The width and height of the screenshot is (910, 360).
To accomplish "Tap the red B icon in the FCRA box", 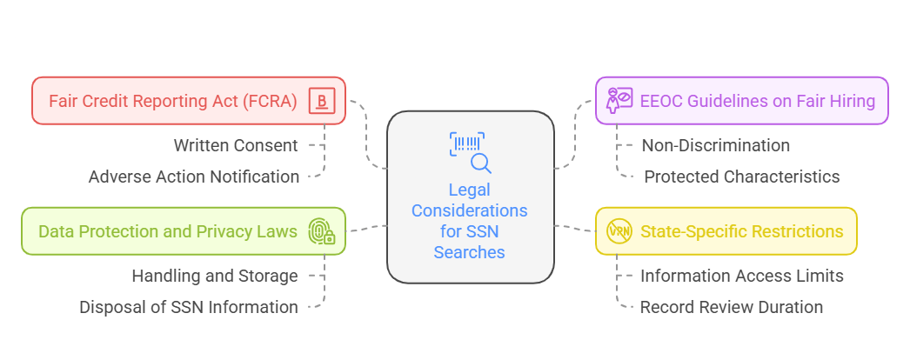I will click(321, 101).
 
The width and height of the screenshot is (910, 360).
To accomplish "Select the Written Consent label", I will click(236, 145).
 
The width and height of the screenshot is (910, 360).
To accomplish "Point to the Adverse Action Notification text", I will click(194, 177).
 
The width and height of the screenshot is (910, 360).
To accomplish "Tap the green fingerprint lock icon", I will click(322, 231).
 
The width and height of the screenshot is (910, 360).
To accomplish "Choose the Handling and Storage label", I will click(215, 276).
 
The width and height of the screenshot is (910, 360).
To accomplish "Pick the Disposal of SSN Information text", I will click(189, 307).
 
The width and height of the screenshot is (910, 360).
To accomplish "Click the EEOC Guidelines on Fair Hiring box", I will click(741, 101).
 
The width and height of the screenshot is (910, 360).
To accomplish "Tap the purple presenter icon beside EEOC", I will click(619, 101).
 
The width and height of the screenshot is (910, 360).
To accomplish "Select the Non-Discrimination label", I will click(716, 145).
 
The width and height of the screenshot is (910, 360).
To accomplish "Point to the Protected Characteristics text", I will click(742, 177).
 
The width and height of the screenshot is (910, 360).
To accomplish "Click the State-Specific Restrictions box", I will click(726, 231).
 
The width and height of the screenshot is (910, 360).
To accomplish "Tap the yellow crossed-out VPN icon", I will click(619, 231).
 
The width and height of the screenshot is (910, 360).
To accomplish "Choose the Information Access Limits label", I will click(742, 276).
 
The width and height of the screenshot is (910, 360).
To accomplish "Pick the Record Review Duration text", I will click(732, 307).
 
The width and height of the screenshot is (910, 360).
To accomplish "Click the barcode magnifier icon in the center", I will click(470, 152).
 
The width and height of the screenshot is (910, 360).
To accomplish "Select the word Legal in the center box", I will click(470, 190).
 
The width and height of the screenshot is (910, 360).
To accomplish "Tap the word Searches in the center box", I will click(470, 252).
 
